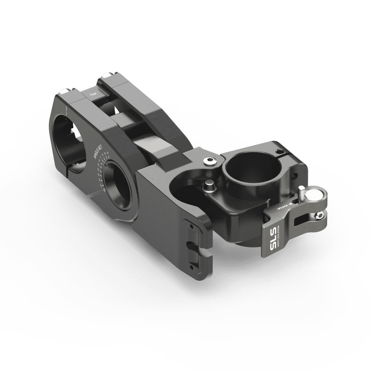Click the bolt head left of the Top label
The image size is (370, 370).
[65, 91]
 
